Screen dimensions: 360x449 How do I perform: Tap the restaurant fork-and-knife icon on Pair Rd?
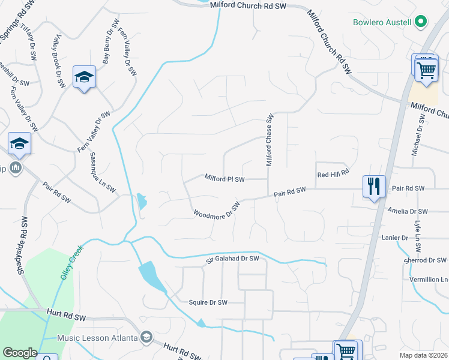[374, 186]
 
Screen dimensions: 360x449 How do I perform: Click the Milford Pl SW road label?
[224, 179]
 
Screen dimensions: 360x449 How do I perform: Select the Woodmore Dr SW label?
[217, 210]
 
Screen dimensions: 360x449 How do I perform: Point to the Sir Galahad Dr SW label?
[232, 259]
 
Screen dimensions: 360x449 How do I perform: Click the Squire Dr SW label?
[208, 302]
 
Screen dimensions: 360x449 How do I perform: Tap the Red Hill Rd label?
[333, 174]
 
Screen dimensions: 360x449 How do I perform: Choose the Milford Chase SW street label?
[270, 140]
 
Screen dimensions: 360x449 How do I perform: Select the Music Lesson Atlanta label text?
[97, 338]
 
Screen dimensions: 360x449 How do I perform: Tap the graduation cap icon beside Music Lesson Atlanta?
[146, 338]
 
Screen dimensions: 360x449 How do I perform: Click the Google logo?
[20, 353]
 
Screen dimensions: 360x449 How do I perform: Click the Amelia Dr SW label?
[408, 211]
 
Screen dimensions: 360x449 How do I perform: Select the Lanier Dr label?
[395, 238]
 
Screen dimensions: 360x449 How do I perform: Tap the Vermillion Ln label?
[428, 280]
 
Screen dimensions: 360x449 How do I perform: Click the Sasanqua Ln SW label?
[103, 172]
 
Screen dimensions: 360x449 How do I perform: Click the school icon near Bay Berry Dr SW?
[84, 77]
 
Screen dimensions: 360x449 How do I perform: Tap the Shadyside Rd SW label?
[22, 246]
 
